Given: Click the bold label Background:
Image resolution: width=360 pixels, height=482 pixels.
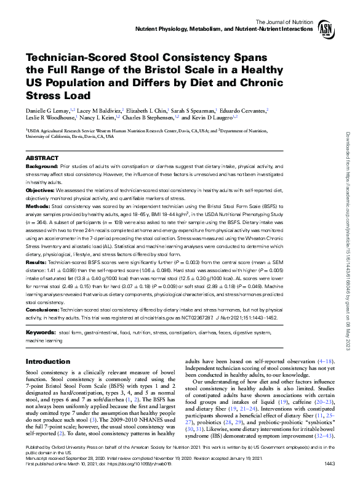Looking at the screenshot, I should (42, 167).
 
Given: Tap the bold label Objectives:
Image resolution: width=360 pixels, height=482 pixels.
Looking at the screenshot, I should (41, 191).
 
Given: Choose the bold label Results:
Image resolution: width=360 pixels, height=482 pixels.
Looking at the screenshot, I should (38, 262).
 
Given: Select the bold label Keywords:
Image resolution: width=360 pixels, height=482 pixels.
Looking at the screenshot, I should (40, 332).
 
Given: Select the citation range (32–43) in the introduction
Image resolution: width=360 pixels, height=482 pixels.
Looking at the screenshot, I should (322, 435).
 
